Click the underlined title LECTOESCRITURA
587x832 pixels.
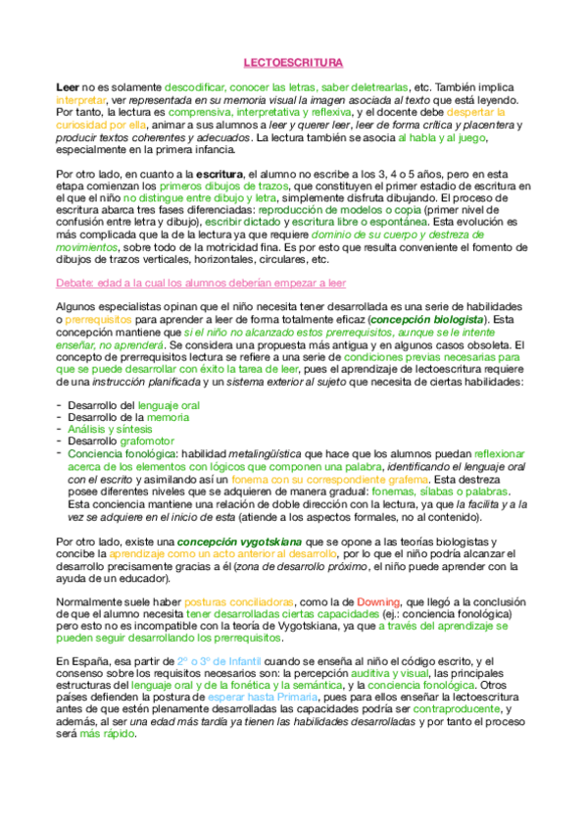tap(293, 60)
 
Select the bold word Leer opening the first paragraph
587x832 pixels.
tap(68, 87)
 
